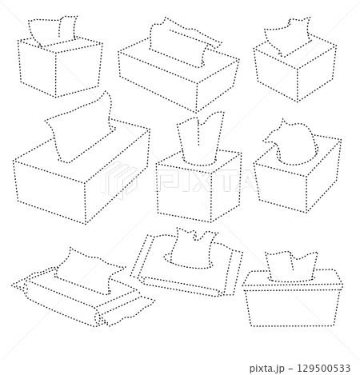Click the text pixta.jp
click(x=267, y=369)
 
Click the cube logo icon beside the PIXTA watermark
click(x=119, y=182)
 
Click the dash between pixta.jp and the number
click(x=290, y=369)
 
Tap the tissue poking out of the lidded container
click(x=291, y=266)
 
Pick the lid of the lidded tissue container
click(x=293, y=280)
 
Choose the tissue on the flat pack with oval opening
click(x=194, y=248)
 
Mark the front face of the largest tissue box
click(x=50, y=192)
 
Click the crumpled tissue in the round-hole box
click(x=292, y=142)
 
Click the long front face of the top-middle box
click(x=158, y=80)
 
